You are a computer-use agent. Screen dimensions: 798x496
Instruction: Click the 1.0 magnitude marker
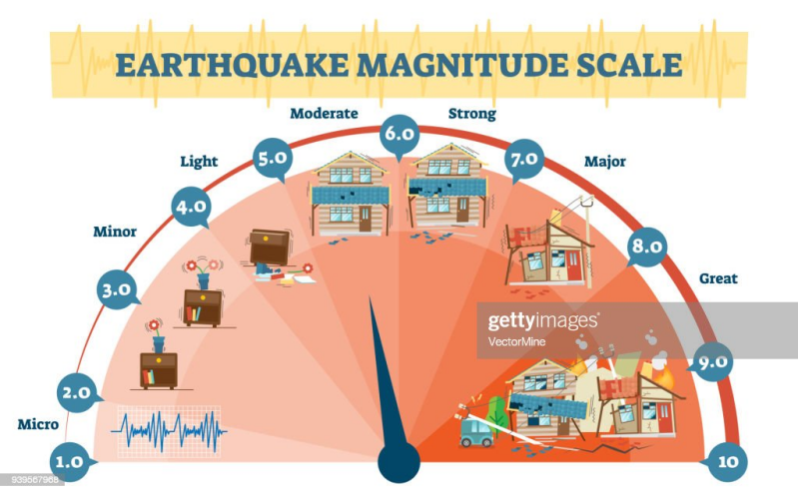point(69,462)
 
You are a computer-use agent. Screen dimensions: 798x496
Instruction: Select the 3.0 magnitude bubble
point(117,289)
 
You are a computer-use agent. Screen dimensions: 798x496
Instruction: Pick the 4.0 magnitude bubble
point(191,207)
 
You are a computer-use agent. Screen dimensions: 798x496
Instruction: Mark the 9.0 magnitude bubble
point(713,363)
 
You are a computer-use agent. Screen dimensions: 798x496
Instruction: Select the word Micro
point(37,424)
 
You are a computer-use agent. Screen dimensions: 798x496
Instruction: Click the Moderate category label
point(324,113)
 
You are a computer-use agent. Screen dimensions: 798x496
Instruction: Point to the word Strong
point(471,113)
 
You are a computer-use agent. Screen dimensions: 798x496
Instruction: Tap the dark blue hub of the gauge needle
point(399,463)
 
